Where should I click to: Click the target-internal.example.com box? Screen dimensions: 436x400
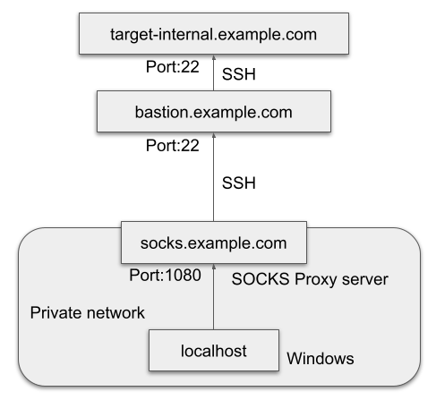point(214,33)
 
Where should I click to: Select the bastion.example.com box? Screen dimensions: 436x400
point(214,111)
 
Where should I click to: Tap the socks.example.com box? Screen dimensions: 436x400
point(214,243)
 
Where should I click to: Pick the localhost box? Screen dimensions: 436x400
point(214,350)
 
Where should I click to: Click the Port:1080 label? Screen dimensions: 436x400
point(165,275)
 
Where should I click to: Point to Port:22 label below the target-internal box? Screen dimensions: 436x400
point(173,66)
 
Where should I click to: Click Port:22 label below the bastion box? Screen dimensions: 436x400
point(173,146)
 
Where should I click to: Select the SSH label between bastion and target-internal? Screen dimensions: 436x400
point(239,74)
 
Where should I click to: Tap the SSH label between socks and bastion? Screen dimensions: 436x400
point(239,183)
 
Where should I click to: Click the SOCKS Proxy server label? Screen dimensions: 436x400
point(310,280)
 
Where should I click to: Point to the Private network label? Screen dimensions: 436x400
point(88,312)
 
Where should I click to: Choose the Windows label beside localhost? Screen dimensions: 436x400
point(321,358)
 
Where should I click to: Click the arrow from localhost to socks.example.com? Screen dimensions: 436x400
point(214,297)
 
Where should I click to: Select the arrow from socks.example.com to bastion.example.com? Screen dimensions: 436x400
point(214,177)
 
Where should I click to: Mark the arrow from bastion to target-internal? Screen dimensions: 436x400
point(214,72)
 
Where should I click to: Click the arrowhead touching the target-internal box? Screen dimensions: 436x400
point(214,57)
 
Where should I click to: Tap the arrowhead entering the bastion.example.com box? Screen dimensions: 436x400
point(214,135)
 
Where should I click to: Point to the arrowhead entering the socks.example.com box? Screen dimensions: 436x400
point(214,267)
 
